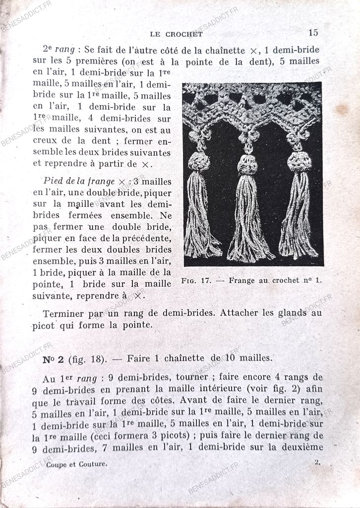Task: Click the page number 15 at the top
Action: [x=313, y=33]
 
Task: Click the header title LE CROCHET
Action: [x=176, y=34]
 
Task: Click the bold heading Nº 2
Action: [x=53, y=359]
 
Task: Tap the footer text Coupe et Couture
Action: [x=76, y=464]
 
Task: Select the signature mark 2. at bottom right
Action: [x=317, y=462]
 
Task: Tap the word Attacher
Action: [x=240, y=313]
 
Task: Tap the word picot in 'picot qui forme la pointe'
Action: [x=45, y=325]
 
